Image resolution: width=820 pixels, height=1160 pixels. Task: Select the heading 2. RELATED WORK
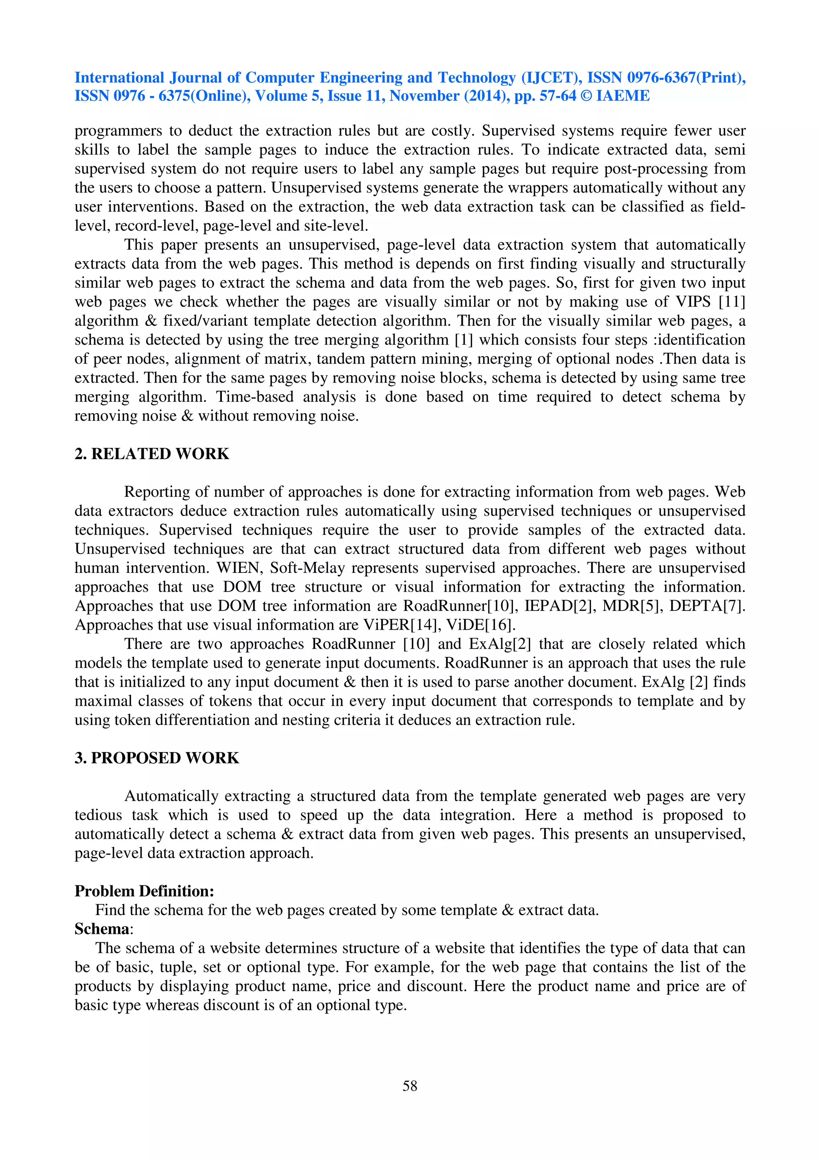pyautogui.click(x=152, y=454)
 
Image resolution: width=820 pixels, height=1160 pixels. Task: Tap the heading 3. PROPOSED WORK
pyautogui.click(x=157, y=758)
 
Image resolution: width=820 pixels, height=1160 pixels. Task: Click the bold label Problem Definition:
pyautogui.click(x=145, y=891)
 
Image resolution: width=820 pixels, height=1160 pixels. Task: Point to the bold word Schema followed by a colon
pyautogui.click(x=102, y=929)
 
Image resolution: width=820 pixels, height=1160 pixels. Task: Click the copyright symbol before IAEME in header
pyautogui.click(x=585, y=96)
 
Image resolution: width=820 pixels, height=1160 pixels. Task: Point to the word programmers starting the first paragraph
pyautogui.click(x=118, y=131)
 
